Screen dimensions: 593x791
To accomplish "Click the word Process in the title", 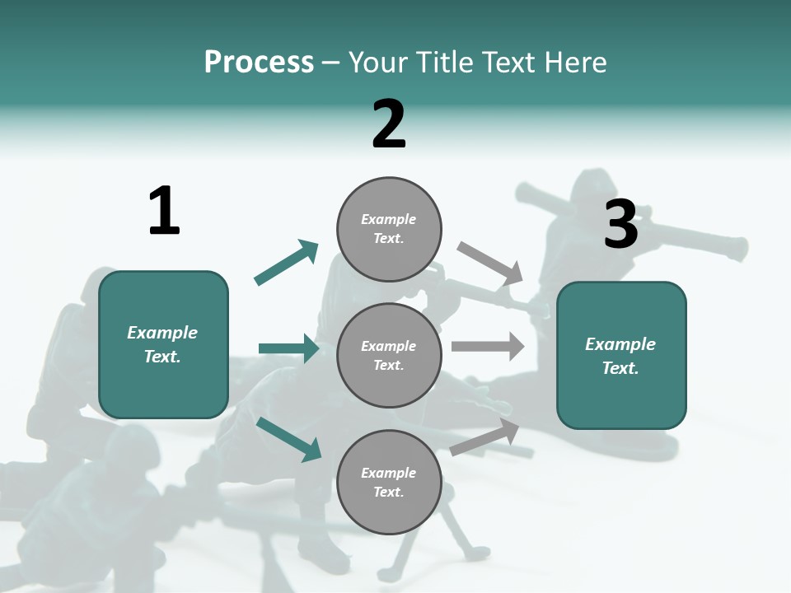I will pyautogui.click(x=259, y=63).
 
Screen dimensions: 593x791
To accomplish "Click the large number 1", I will pyautogui.click(x=164, y=211).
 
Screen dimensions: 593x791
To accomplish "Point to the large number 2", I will pyautogui.click(x=389, y=124).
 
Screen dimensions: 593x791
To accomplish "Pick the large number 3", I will pyautogui.click(x=620, y=224).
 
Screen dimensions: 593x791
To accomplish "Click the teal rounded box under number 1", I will pyautogui.click(x=163, y=344).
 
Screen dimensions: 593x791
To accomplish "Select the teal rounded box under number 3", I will pyautogui.click(x=621, y=355).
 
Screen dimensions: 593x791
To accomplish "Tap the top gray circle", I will pyautogui.click(x=389, y=229).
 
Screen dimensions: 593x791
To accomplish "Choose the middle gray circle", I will pyautogui.click(x=389, y=355).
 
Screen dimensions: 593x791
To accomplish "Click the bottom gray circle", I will pyautogui.click(x=389, y=482).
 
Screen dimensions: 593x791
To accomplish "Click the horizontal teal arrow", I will pyautogui.click(x=289, y=348).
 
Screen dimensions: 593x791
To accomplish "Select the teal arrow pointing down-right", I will pyautogui.click(x=289, y=439).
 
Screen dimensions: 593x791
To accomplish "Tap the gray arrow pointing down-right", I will pyautogui.click(x=490, y=264).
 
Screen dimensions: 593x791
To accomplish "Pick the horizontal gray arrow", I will pyautogui.click(x=488, y=347).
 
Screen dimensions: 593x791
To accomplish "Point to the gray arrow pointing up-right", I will pyautogui.click(x=485, y=437).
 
